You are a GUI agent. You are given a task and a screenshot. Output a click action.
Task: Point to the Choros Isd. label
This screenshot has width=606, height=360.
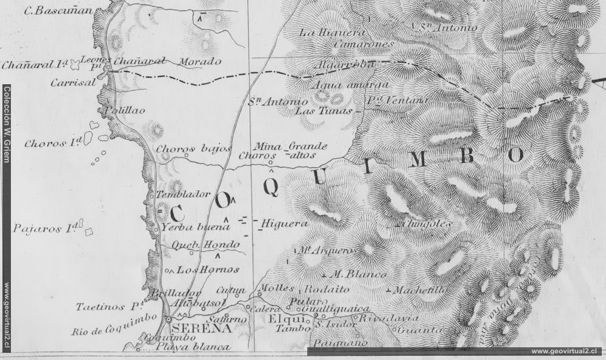coord(53,144)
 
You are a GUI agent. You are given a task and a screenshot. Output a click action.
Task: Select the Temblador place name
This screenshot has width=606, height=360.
coord(182,195)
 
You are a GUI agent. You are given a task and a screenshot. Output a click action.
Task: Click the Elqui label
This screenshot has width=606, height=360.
coord(281,318)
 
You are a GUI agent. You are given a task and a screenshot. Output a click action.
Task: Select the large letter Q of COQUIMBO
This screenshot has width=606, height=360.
coord(272,188)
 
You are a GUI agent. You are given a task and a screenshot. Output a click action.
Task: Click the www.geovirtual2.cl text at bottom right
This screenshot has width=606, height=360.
coord(565,351)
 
